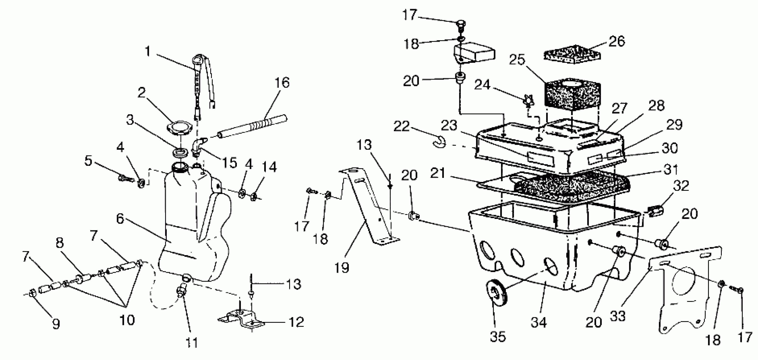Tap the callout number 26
[616, 42]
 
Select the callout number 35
[498, 336]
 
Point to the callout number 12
[296, 322]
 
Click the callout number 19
[342, 268]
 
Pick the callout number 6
[120, 219]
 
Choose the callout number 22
[402, 126]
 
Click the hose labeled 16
[253, 126]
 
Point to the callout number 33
[618, 316]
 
